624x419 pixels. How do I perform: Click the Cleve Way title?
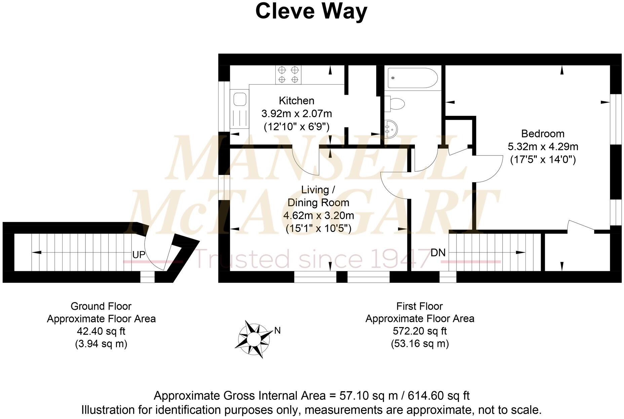point(311,11)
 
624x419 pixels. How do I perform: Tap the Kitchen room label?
point(297,101)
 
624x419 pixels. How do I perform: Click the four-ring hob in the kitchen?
point(288,75)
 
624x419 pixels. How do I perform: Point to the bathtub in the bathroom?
point(412,78)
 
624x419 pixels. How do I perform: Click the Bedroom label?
point(542,134)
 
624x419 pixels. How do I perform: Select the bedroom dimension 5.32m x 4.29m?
point(543,147)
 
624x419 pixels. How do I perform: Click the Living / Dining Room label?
point(318,196)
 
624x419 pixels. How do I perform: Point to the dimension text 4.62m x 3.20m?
point(318,216)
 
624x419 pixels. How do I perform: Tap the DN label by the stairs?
point(438,252)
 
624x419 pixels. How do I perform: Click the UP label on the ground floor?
point(139,255)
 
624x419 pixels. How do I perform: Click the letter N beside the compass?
point(277,331)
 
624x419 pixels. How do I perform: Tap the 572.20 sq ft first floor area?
point(420,331)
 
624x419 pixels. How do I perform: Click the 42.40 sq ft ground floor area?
point(101,331)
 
